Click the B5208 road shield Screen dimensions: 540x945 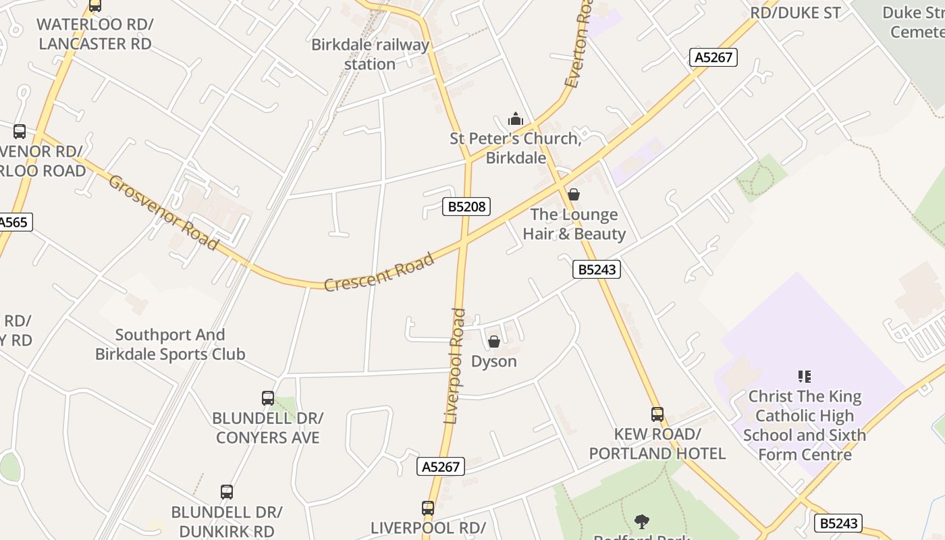(466, 207)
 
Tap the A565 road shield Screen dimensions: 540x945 (13, 222)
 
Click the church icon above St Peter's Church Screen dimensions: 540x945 (516, 119)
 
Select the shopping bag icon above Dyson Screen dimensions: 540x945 (494, 342)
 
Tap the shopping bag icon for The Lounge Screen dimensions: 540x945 (574, 195)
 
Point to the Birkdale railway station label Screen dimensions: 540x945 (370, 55)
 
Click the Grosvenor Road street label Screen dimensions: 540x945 (164, 212)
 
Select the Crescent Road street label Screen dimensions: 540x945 (379, 273)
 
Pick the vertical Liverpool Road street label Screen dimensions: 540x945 (456, 366)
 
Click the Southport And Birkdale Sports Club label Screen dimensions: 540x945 (170, 344)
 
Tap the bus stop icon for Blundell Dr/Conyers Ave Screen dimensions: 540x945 (268, 398)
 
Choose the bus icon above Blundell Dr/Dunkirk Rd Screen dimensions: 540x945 (227, 492)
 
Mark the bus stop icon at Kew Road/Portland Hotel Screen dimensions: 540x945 (657, 414)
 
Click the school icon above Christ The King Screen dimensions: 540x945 (804, 377)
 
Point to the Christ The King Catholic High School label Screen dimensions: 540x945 (805, 425)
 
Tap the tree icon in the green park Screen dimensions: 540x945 (642, 521)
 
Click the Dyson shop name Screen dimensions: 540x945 (494, 362)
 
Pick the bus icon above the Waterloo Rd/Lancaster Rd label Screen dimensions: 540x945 (95, 6)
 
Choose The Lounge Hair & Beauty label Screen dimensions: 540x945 (574, 225)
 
